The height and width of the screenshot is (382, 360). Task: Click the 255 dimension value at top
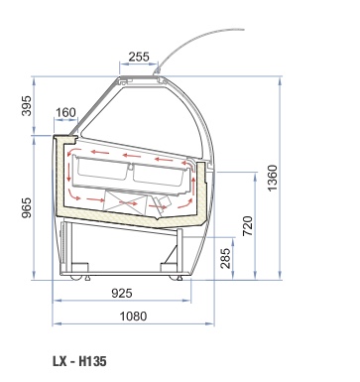[139, 57]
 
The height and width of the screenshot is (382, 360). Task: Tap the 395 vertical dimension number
[27, 106]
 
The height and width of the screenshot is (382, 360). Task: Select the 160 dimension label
[65, 112]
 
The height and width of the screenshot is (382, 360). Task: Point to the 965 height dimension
[27, 207]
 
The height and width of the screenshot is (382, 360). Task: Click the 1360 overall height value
[273, 178]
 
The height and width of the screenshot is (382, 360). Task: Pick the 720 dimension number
[248, 225]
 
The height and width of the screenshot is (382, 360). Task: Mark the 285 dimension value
[225, 258]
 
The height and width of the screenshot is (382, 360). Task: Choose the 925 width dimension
[122, 293]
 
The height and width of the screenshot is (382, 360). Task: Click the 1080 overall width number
[133, 317]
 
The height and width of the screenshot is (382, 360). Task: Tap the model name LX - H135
[79, 361]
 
